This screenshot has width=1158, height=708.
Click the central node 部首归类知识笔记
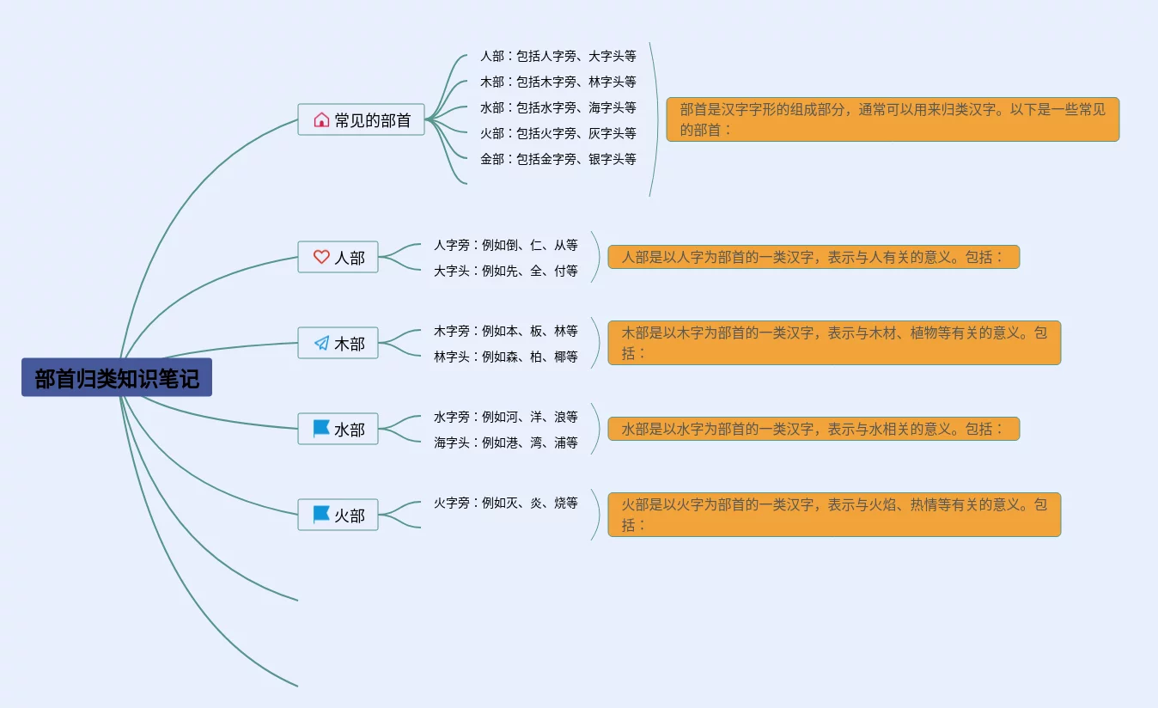(x=117, y=378)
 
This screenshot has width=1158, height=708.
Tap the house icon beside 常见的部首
(x=321, y=120)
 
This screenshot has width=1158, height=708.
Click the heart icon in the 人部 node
(x=321, y=257)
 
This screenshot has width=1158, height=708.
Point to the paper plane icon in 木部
(x=321, y=343)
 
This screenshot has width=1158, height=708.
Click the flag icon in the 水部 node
(x=321, y=428)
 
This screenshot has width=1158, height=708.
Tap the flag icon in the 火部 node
(x=321, y=514)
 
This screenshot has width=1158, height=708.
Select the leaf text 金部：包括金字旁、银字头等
(x=558, y=159)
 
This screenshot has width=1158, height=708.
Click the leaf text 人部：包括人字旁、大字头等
(x=558, y=56)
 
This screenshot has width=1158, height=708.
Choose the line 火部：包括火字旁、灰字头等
(x=558, y=133)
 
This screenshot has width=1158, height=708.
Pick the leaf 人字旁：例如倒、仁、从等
(x=505, y=245)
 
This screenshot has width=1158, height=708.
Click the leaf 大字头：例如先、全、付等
(x=505, y=271)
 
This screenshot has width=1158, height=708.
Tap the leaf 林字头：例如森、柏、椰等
(x=505, y=357)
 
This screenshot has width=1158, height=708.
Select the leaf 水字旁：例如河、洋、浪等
(x=505, y=417)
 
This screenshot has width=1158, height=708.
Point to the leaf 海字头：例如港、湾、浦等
(x=505, y=442)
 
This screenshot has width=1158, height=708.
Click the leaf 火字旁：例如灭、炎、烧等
(x=505, y=503)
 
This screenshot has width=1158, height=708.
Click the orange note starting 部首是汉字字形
(x=893, y=119)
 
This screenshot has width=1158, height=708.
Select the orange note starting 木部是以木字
(x=834, y=343)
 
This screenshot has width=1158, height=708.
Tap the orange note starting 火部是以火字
(x=834, y=515)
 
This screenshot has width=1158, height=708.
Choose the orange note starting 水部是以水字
(x=813, y=429)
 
